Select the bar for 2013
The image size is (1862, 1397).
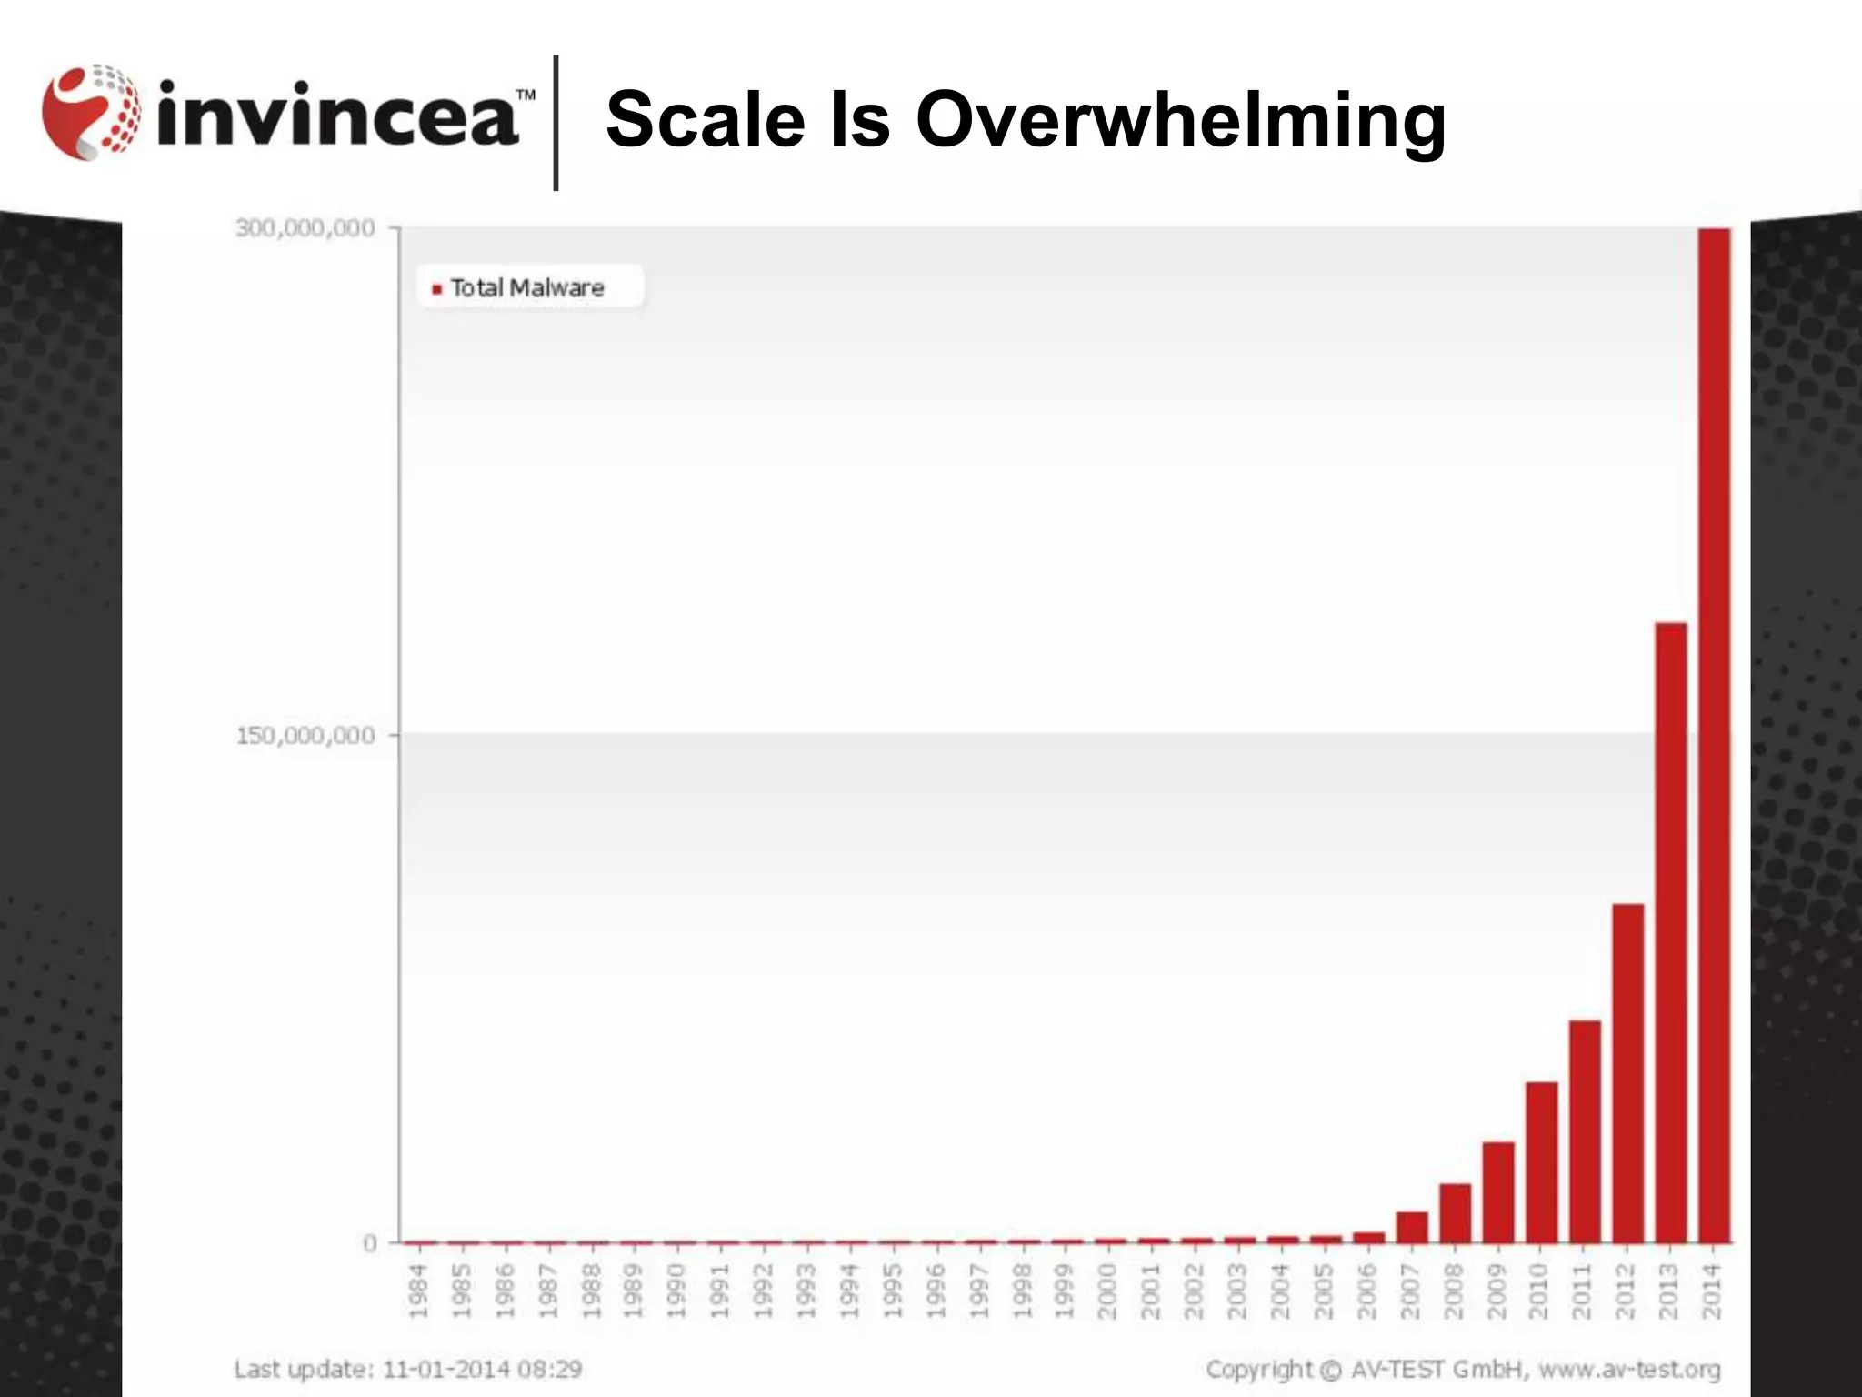pyautogui.click(x=1671, y=932)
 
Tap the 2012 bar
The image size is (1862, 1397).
pyautogui.click(x=1627, y=1073)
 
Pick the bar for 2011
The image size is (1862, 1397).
pyautogui.click(x=1585, y=1131)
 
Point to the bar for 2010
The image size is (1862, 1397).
pyautogui.click(x=1541, y=1162)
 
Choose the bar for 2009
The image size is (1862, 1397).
pyautogui.click(x=1498, y=1192)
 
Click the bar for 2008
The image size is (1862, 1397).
pyautogui.click(x=1455, y=1213)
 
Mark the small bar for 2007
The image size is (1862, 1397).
pyautogui.click(x=1412, y=1227)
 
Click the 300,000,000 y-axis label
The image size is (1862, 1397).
pyautogui.click(x=305, y=227)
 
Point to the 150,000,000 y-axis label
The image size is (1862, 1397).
pyautogui.click(x=305, y=735)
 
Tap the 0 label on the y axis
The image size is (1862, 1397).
pyautogui.click(x=369, y=1242)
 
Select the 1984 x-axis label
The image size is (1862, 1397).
pyautogui.click(x=418, y=1291)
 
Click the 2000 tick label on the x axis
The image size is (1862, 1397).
pyautogui.click(x=1108, y=1291)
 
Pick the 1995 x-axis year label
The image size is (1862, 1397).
pyautogui.click(x=893, y=1291)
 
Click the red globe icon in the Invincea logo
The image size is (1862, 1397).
pyautogui.click(x=91, y=113)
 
